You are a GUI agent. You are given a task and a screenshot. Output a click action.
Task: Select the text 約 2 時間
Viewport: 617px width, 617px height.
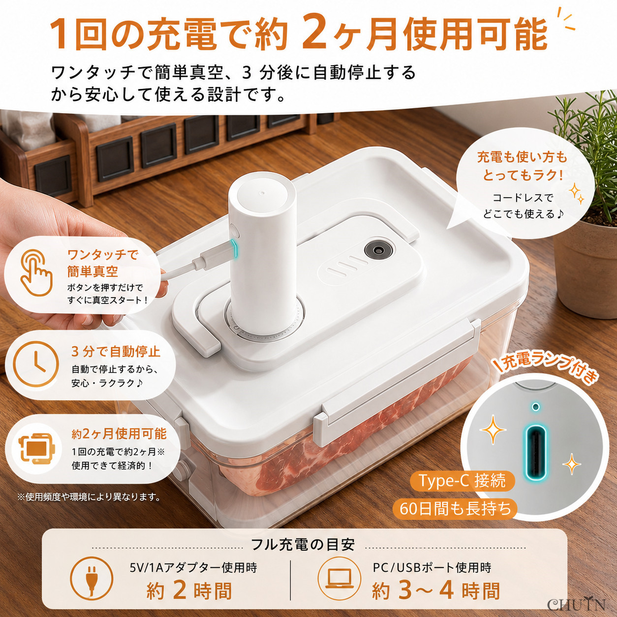[188, 591]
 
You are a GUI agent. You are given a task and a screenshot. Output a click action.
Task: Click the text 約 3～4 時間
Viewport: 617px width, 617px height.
[436, 591]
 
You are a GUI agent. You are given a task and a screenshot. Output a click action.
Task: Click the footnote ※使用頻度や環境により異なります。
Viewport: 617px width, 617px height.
[89, 497]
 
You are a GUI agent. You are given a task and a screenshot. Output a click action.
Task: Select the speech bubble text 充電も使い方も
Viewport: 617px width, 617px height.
[522, 157]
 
